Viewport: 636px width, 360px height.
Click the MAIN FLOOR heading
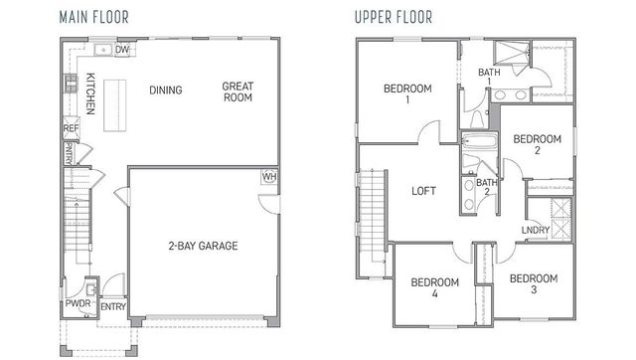point(97,17)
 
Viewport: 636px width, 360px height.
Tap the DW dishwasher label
point(123,49)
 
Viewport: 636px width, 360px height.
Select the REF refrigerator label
point(71,128)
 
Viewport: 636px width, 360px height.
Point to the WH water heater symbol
point(268,177)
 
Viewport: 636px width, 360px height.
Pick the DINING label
point(166,90)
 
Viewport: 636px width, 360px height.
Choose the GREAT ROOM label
point(238,92)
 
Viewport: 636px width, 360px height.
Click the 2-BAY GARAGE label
point(202,246)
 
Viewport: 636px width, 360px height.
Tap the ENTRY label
point(112,307)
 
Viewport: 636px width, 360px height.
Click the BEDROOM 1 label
point(407,94)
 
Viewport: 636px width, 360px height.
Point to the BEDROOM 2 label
point(538,145)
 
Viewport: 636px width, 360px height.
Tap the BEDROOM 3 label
point(534,284)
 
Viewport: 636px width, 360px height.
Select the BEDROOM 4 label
point(435,288)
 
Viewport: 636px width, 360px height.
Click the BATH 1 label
point(489,78)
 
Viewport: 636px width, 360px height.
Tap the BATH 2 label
point(486,188)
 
